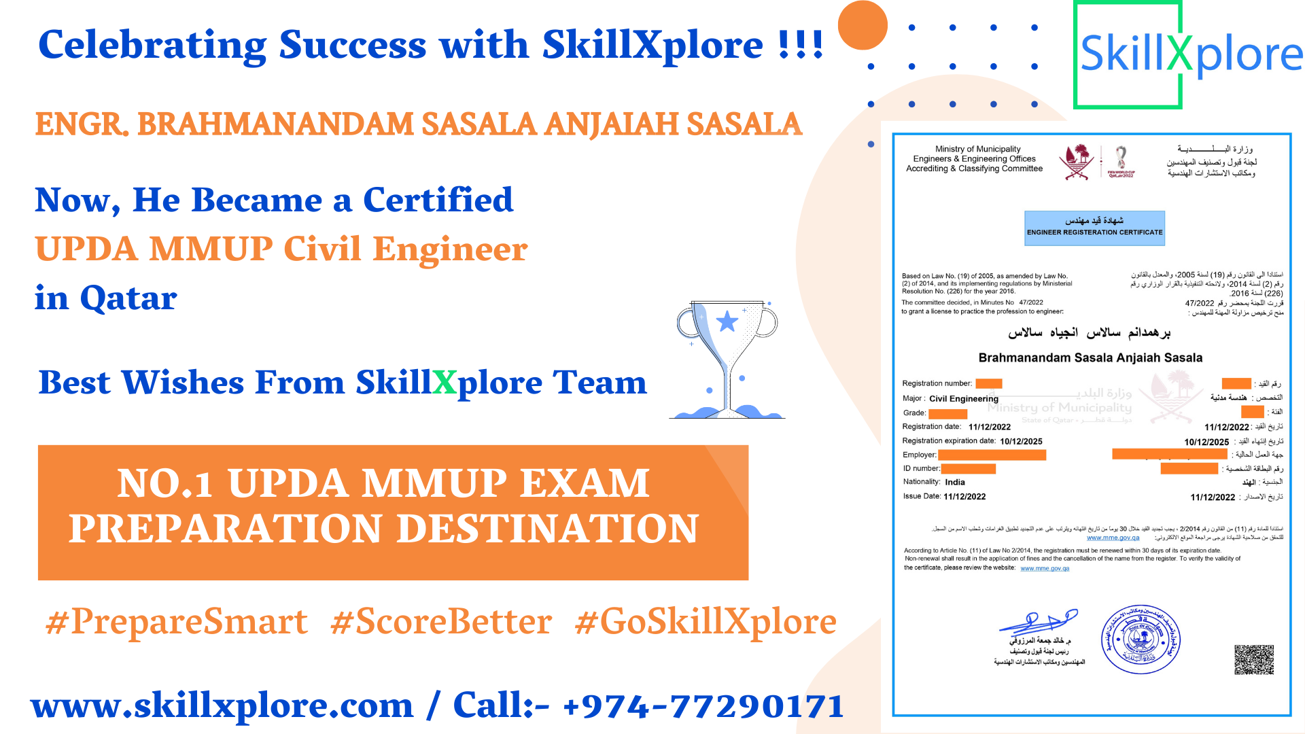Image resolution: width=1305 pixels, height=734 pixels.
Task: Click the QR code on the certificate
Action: coord(1253,659)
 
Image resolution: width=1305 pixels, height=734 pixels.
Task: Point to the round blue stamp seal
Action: coord(1141,640)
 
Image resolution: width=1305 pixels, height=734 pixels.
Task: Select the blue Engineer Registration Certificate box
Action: coord(1094,228)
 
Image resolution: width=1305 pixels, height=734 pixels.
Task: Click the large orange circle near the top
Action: coord(863,25)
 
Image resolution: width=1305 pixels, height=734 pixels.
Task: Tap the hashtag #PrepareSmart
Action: coord(176,622)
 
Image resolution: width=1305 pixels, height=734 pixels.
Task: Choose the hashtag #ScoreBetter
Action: coord(441,622)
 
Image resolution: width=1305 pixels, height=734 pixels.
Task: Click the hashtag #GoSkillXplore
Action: coord(706,622)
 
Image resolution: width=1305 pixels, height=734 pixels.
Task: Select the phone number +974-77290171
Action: coord(703,705)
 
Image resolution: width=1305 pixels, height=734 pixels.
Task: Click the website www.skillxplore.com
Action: coord(222,705)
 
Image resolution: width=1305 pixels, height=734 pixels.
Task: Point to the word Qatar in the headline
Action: coord(128,298)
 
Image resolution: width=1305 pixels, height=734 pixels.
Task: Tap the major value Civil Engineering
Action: coord(963,399)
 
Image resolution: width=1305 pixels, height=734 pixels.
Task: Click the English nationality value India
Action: coord(954,482)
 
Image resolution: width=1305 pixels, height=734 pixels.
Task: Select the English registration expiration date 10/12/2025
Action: coord(1021,441)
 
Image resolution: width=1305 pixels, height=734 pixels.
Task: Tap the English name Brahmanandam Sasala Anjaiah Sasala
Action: coord(1090,357)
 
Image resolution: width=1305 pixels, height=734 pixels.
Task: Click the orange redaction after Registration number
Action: coord(988,383)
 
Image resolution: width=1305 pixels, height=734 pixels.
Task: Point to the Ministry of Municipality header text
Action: coord(977,158)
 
